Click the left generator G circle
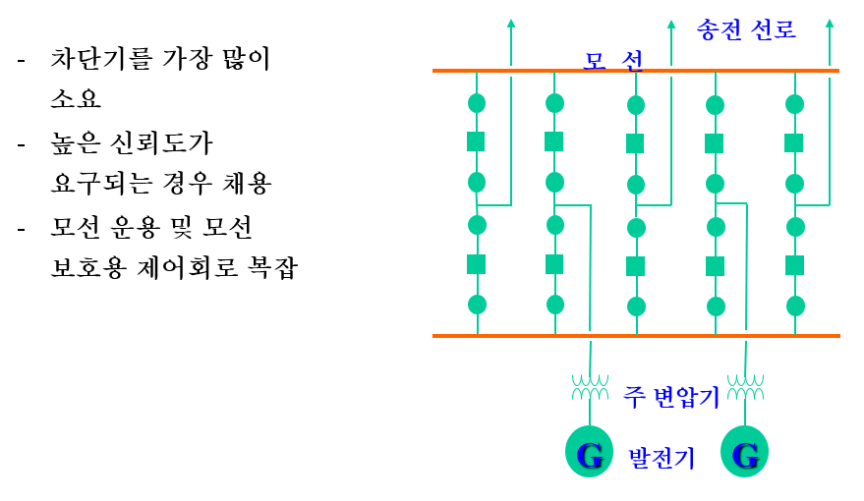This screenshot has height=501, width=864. click(589, 454)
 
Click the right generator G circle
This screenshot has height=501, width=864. click(745, 454)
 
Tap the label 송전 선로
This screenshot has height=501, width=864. click(746, 29)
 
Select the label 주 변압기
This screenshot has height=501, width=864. click(671, 397)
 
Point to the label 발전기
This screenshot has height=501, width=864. click(662, 458)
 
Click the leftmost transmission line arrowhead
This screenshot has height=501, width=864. click(510, 23)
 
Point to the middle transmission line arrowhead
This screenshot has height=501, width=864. click(670, 23)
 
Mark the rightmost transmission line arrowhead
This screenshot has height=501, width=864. click(830, 23)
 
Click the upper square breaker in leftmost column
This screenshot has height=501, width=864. click(477, 142)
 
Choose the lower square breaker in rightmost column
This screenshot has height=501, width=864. click(794, 265)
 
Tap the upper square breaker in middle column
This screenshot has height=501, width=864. click(635, 143)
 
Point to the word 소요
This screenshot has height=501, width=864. click(75, 101)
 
